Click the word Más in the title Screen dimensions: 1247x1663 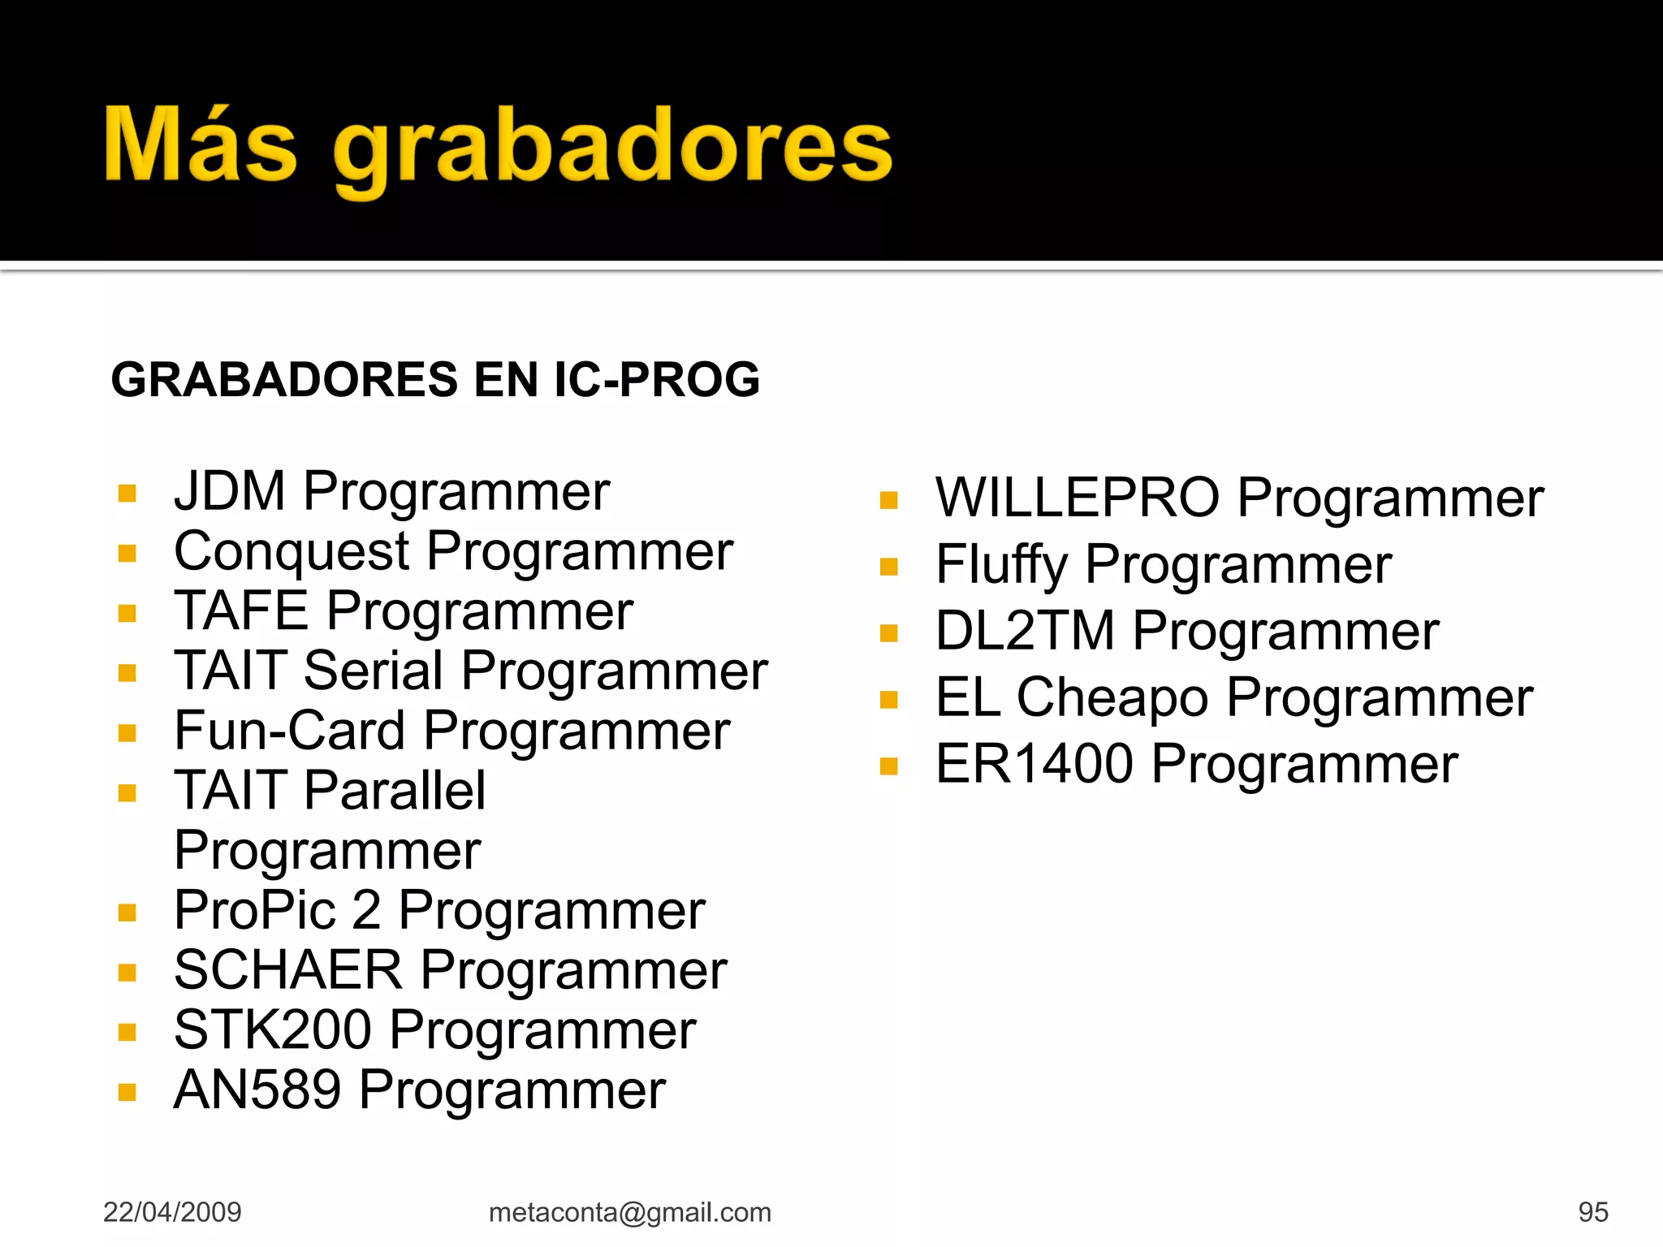pyautogui.click(x=201, y=145)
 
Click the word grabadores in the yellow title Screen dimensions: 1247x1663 pyautogui.click(x=613, y=150)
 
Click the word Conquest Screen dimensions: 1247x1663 pyautogui.click(x=292, y=552)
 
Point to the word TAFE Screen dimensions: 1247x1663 pyautogui.click(x=241, y=611)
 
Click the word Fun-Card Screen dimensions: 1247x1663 pyautogui.click(x=289, y=731)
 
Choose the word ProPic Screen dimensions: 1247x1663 pyautogui.click(x=254, y=909)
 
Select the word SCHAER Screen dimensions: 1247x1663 pyautogui.click(x=288, y=969)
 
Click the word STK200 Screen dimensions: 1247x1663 pyautogui.click(x=273, y=1029)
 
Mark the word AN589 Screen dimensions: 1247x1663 pyautogui.click(x=257, y=1090)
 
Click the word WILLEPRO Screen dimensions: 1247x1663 pyautogui.click(x=1077, y=497)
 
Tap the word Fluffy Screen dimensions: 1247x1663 pyautogui.click(x=1001, y=564)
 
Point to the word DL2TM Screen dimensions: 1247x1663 pyautogui.click(x=1025, y=631)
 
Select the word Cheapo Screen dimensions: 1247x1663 pyautogui.click(x=1112, y=697)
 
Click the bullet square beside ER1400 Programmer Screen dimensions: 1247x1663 pyautogui.click(x=889, y=766)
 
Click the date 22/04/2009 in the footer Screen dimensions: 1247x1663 pyautogui.click(x=172, y=1212)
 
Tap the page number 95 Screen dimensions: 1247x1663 pyautogui.click(x=1593, y=1212)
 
